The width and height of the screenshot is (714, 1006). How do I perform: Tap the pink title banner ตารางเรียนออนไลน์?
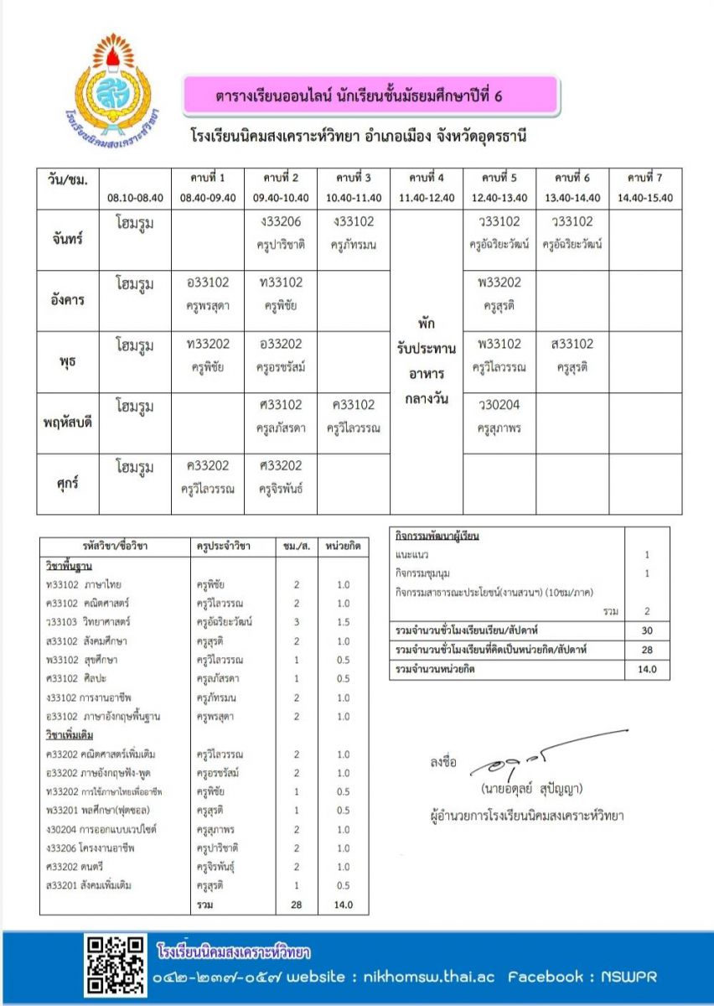[x=370, y=96]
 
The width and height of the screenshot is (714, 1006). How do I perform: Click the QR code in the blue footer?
[x=114, y=965]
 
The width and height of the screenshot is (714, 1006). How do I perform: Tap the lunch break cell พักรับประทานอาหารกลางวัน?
[x=427, y=360]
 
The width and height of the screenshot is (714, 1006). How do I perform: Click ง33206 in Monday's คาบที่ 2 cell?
[x=281, y=222]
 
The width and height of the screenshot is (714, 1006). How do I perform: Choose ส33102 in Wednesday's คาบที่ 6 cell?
[x=572, y=344]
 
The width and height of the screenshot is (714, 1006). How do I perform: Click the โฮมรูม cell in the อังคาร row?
[x=135, y=283]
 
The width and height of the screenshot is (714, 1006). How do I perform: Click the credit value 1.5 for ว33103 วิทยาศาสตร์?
[x=344, y=622]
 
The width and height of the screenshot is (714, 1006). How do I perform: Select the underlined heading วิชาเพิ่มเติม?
[x=70, y=735]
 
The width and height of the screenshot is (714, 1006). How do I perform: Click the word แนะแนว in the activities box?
[x=411, y=555]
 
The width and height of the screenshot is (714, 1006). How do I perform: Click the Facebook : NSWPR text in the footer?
[x=583, y=977]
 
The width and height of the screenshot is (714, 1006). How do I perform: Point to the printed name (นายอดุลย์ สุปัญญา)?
[x=531, y=789]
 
